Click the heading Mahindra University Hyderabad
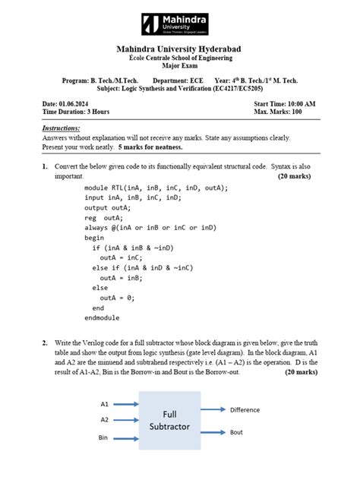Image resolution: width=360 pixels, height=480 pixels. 179,49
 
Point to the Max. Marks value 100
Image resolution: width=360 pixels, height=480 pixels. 310,112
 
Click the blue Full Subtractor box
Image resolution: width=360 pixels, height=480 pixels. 169,420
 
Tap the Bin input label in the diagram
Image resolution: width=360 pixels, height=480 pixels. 104,438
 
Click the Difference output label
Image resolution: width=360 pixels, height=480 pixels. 245,409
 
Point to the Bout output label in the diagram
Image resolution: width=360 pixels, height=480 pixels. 237,431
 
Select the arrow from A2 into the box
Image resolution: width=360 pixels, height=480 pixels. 125,419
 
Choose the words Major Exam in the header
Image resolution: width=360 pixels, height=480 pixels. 179,66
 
